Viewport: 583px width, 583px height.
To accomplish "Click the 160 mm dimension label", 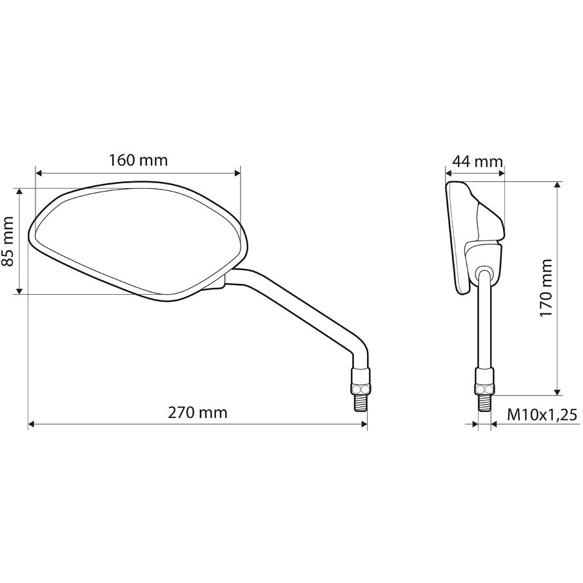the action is pos(138,160).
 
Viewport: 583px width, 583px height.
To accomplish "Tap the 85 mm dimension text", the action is pos(8,241).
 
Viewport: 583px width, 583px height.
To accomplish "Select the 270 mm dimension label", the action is pos(197,413).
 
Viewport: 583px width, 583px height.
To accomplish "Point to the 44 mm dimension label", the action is pos(477,162).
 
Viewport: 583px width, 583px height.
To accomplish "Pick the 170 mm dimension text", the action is pos(546,288).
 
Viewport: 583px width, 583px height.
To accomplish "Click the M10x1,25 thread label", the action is pos(542,414).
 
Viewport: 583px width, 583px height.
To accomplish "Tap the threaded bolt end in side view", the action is pos(484,402).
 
